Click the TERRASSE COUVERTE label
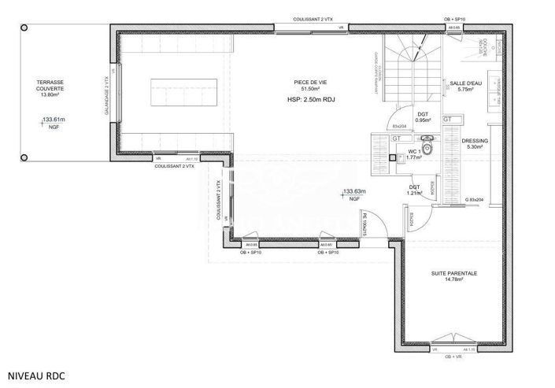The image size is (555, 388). (50, 88)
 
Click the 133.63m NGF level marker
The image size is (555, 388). (352, 194)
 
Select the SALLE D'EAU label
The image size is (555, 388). (464, 86)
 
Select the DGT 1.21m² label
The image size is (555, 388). (414, 190)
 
